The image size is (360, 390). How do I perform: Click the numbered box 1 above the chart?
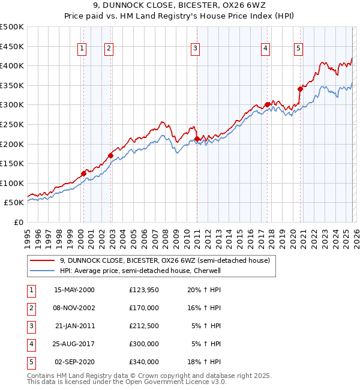click(81, 49)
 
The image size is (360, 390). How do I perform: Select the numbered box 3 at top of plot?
click(196, 49)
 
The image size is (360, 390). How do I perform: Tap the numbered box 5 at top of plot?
click(298, 49)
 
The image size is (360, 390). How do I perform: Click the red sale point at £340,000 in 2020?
click(300, 89)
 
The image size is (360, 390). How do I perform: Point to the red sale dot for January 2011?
click(197, 139)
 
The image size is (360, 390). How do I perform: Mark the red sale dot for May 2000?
click(83, 173)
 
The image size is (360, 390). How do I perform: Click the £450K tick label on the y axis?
click(12, 46)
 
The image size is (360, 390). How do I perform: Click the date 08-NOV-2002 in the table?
click(74, 308)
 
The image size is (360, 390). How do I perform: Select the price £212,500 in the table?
click(143, 326)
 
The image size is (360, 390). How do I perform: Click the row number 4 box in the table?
click(31, 344)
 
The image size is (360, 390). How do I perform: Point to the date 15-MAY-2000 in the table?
click(74, 290)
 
